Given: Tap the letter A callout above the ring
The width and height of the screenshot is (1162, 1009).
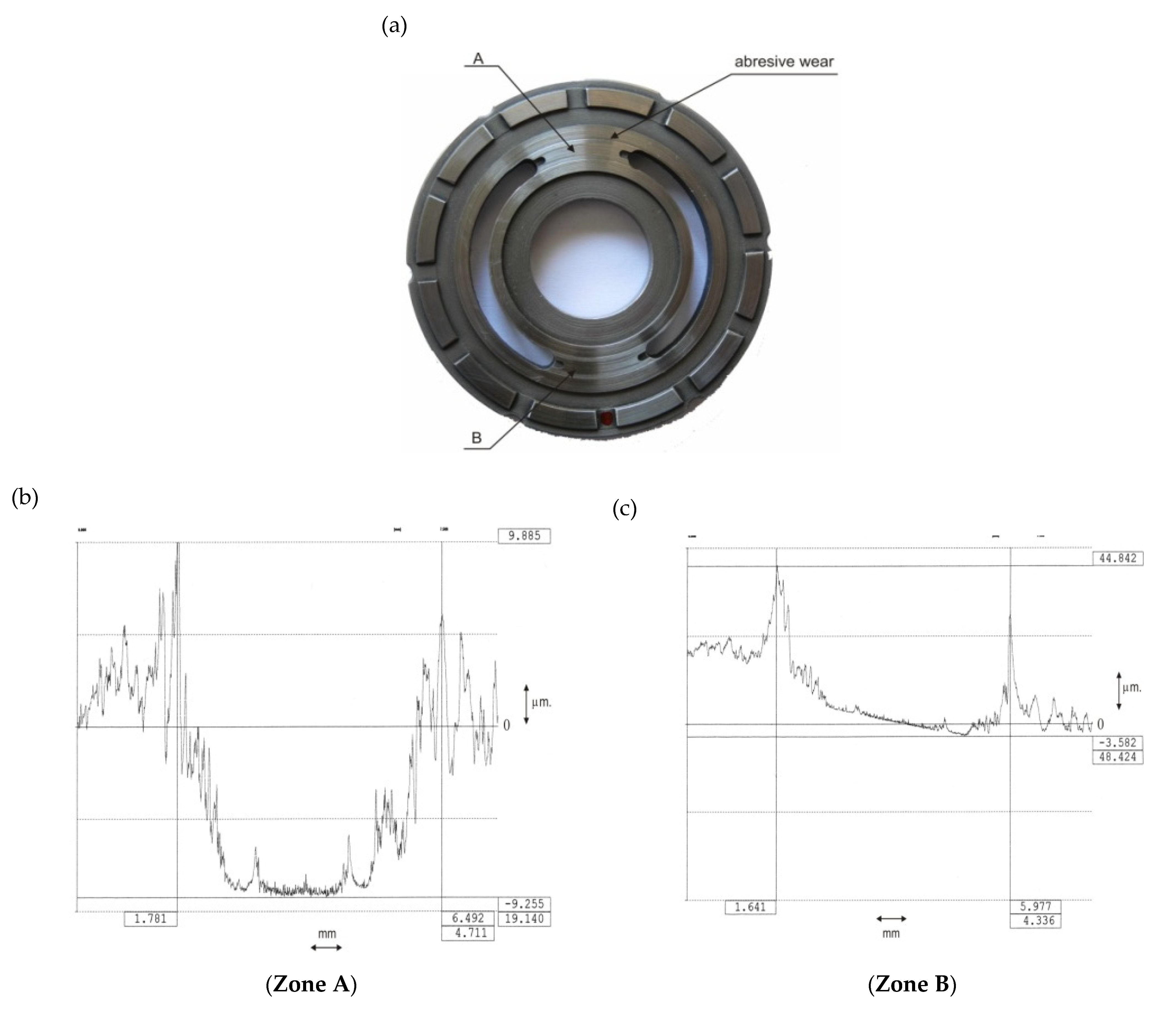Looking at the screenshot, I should pos(478,58).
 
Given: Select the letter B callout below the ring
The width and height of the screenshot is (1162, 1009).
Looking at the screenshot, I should pos(476,438).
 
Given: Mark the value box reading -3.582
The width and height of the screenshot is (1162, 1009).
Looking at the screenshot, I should pos(1118,742).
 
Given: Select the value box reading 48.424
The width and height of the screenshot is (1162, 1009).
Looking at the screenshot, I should pos(1118,757).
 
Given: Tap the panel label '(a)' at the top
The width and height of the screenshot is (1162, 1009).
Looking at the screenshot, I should pos(394,26).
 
